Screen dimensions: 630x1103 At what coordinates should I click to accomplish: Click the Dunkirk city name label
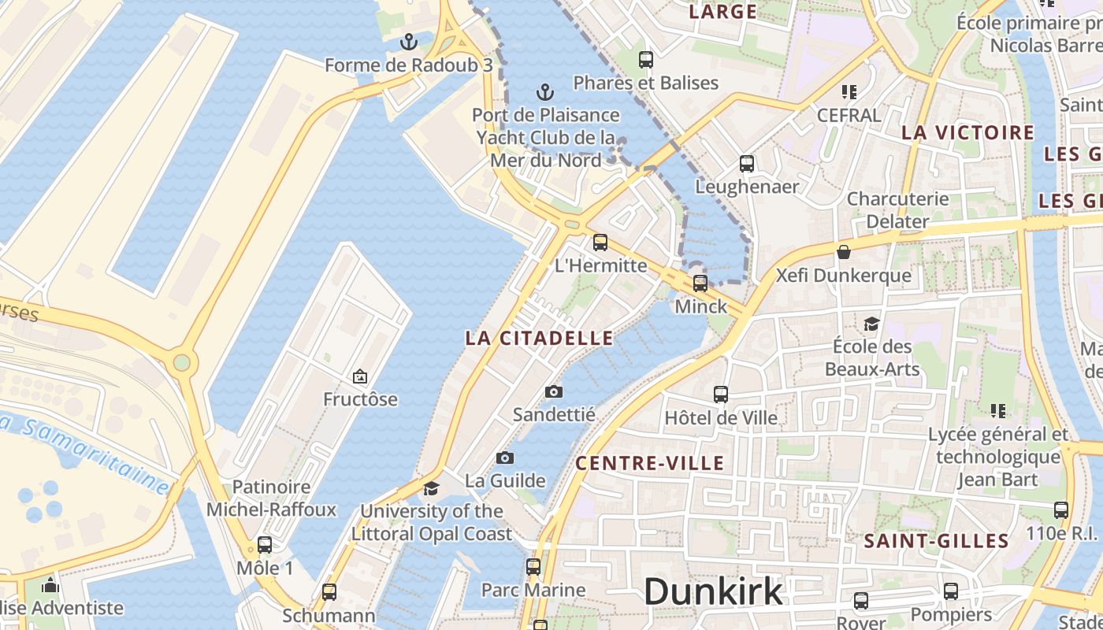pyautogui.click(x=714, y=591)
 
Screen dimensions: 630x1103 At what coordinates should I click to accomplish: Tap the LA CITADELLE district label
pyautogui.click(x=539, y=339)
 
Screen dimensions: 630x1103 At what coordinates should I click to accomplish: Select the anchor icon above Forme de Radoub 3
pyautogui.click(x=408, y=41)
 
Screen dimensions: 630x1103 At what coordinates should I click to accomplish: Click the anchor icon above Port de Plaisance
pyautogui.click(x=545, y=92)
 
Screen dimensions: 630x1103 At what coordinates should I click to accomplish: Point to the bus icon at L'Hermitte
pyautogui.click(x=600, y=243)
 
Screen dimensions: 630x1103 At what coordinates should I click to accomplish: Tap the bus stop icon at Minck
pyautogui.click(x=700, y=283)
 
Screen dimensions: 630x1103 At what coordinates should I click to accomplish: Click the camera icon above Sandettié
pyautogui.click(x=554, y=391)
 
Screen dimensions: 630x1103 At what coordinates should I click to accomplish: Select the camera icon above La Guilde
pyautogui.click(x=505, y=458)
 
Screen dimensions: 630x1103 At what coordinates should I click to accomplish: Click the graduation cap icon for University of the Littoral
pyautogui.click(x=431, y=488)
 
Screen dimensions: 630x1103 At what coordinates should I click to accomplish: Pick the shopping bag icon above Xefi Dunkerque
pyautogui.click(x=844, y=252)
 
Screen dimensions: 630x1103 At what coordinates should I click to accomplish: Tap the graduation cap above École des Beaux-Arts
pyautogui.click(x=871, y=324)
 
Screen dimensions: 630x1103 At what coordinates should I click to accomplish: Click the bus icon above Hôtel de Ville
pyautogui.click(x=721, y=395)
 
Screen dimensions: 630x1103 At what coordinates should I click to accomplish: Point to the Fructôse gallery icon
pyautogui.click(x=360, y=376)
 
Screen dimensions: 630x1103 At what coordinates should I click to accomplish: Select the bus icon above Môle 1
pyautogui.click(x=265, y=545)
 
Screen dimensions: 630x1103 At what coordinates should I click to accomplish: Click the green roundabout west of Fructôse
pyautogui.click(x=182, y=362)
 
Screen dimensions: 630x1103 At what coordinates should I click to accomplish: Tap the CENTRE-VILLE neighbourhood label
pyautogui.click(x=650, y=463)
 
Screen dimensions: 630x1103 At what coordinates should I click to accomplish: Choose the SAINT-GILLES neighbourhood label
pyautogui.click(x=936, y=541)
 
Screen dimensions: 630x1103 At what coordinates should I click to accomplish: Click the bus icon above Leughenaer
pyautogui.click(x=747, y=164)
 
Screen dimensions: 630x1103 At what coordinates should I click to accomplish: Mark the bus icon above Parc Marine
pyautogui.click(x=533, y=567)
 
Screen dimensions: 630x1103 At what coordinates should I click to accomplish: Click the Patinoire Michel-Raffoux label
pyautogui.click(x=271, y=498)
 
